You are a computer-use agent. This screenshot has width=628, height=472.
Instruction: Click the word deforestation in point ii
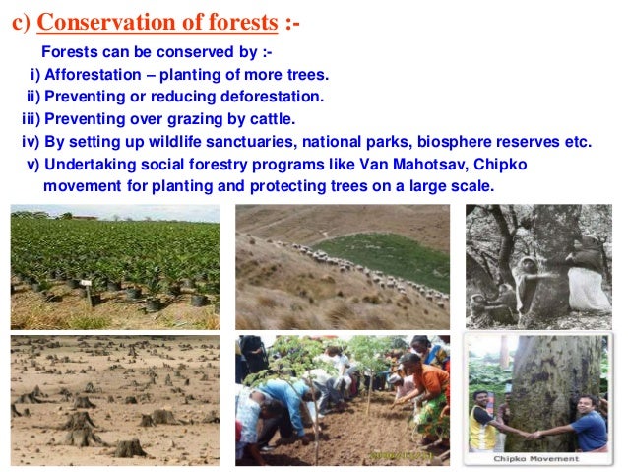[275, 97]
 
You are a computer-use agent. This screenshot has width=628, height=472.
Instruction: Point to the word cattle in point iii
[271, 119]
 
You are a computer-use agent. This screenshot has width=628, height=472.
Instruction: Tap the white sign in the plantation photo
[88, 293]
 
